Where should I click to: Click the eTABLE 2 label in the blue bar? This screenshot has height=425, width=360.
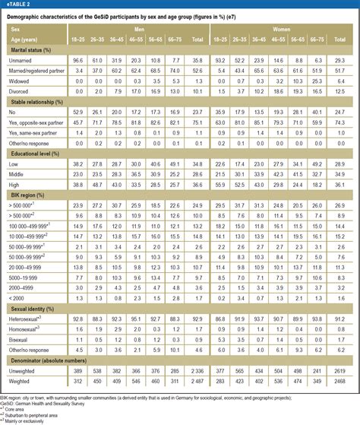[x=17, y=5]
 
